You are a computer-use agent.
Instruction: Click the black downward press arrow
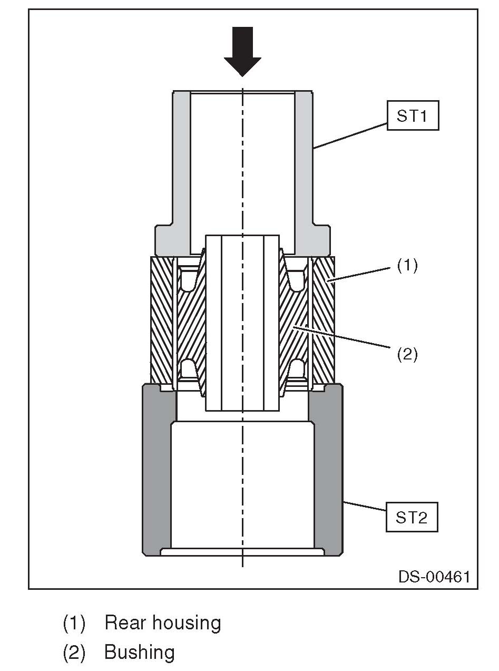click(242, 52)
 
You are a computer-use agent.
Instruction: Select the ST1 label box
click(413, 115)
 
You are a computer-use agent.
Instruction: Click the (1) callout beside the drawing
click(407, 265)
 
